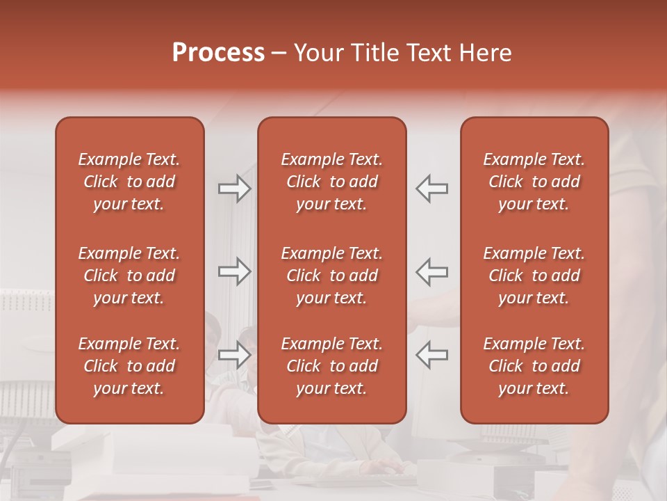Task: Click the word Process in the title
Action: (218, 53)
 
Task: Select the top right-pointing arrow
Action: (235, 189)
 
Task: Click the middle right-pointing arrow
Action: (235, 271)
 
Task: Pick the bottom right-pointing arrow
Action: (235, 355)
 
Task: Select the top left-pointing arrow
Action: (432, 189)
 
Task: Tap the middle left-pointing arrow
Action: (432, 271)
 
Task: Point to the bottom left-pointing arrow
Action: (432, 355)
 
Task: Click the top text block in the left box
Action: (129, 182)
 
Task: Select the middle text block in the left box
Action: (129, 276)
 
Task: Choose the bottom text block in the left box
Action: (129, 366)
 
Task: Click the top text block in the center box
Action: (332, 182)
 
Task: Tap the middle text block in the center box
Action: (332, 276)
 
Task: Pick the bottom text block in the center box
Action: (332, 366)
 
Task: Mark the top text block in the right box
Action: (534, 182)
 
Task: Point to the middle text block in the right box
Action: (534, 276)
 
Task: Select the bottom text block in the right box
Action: (534, 366)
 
